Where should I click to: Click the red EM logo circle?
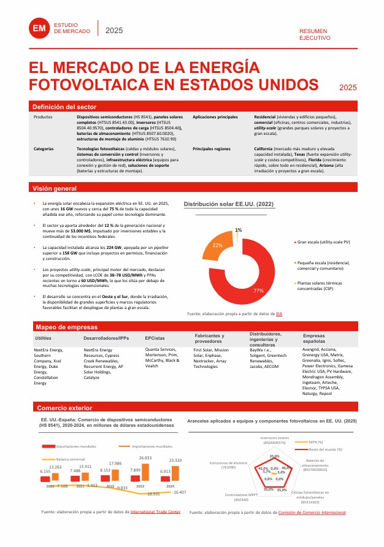point(40,28)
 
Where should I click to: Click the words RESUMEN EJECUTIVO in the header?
point(314,34)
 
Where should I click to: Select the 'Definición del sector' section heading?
point(61,106)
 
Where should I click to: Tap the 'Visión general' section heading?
point(54,188)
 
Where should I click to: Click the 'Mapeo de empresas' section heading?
point(62,327)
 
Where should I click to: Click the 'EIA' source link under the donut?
point(279,313)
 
